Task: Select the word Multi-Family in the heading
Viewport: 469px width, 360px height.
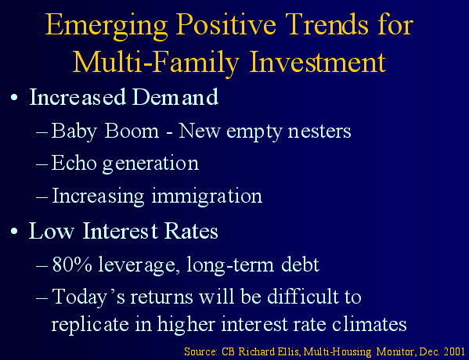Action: coord(156,63)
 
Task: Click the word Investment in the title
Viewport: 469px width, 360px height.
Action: coord(318,62)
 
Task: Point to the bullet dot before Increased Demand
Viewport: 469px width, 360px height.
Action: coord(14,98)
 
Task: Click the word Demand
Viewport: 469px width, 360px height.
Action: coord(175,96)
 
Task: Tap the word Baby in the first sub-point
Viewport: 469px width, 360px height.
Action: coord(74,131)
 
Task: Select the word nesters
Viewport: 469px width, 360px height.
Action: coord(319,131)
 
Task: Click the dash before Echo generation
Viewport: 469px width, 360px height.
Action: coord(41,164)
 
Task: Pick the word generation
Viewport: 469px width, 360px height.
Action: coord(150,164)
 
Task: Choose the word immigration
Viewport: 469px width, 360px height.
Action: coord(207,196)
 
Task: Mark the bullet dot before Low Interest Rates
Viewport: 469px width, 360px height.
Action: coord(14,232)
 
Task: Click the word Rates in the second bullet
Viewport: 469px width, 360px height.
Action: coord(191,231)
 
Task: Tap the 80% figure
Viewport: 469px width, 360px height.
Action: coord(72,265)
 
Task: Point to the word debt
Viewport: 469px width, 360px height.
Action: coord(301,264)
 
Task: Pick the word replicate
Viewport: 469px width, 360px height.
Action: coord(90,325)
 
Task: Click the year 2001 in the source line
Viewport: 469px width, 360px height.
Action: coord(454,351)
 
